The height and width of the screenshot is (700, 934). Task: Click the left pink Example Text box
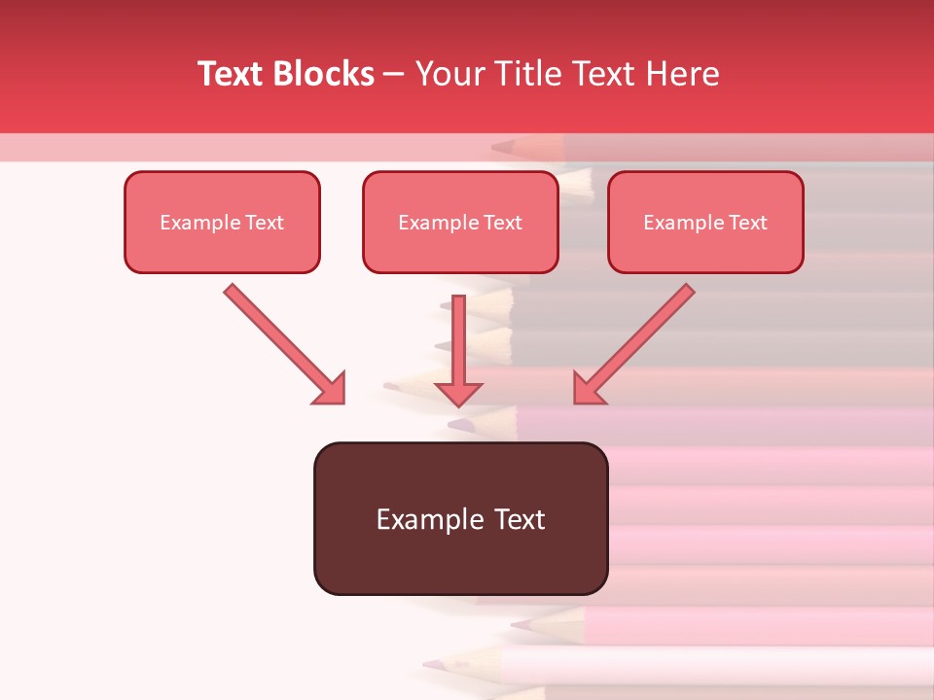pyautogui.click(x=222, y=223)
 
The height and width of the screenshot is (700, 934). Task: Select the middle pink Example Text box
pyautogui.click(x=460, y=223)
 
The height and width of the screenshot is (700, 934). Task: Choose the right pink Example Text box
pyautogui.click(x=705, y=223)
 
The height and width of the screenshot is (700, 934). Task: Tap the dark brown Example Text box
pyautogui.click(x=460, y=519)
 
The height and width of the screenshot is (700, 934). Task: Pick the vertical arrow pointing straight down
pyautogui.click(x=458, y=340)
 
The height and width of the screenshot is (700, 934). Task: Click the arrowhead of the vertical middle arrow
pyautogui.click(x=458, y=392)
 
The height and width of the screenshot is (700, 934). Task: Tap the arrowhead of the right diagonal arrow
pyautogui.click(x=587, y=390)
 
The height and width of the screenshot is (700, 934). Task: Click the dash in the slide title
pyautogui.click(x=394, y=75)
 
